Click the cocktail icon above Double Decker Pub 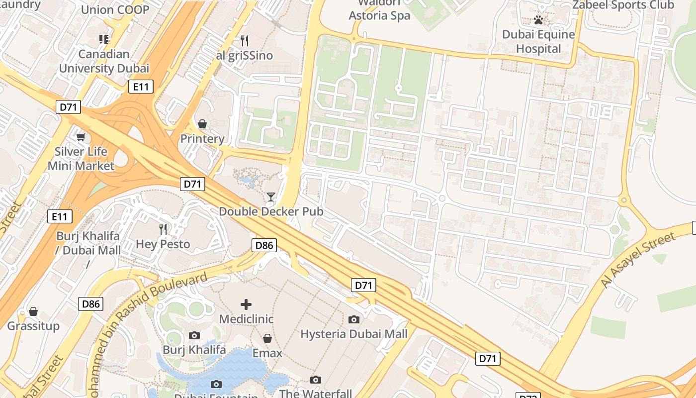(270, 197)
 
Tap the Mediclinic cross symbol (246, 304)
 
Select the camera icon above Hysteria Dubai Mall (354, 319)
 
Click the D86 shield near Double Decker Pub (264, 245)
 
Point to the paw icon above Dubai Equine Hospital (538, 20)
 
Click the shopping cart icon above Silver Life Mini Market (81, 137)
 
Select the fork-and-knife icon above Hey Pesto (163, 229)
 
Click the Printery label (202, 139)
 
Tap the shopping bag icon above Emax (267, 338)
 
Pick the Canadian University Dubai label (104, 61)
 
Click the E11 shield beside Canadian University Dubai (141, 87)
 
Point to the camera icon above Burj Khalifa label (194, 335)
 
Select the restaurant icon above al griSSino (244, 40)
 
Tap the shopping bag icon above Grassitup (33, 311)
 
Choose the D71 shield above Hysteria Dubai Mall (363, 285)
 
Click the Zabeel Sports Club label (623, 5)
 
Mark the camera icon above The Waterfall (316, 380)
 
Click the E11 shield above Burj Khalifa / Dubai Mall (60, 216)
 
